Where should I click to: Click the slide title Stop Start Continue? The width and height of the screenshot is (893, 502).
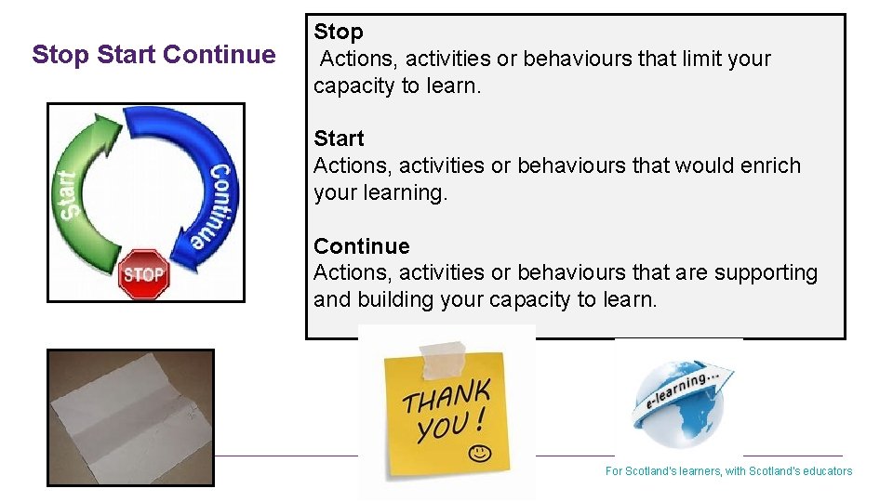pyautogui.click(x=153, y=55)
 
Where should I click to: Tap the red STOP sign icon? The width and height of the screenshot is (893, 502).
pyautogui.click(x=143, y=274)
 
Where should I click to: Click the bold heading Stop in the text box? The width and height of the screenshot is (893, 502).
pyautogui.click(x=339, y=32)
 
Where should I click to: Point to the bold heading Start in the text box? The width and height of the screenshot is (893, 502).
pyautogui.click(x=339, y=139)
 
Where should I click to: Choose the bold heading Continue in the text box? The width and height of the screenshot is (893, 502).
pyautogui.click(x=361, y=246)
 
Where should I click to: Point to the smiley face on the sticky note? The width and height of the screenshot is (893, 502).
pyautogui.click(x=479, y=454)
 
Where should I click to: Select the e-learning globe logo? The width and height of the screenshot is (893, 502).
pyautogui.click(x=679, y=400)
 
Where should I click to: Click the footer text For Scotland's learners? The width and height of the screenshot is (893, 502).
pyautogui.click(x=728, y=471)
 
